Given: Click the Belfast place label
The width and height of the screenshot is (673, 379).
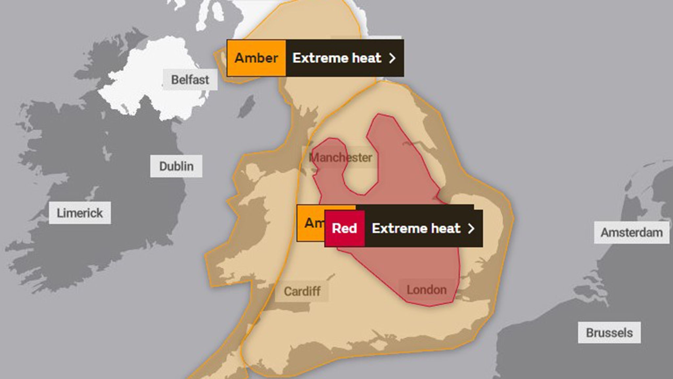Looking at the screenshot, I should pos(190,80).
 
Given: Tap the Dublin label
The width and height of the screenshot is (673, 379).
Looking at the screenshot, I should pos(176,166).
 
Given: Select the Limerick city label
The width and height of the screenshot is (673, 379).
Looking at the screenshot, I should pos(80,213).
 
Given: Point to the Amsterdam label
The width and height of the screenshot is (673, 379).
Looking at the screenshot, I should pos(631,233).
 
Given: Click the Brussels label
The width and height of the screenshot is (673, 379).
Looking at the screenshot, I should pos(609,333).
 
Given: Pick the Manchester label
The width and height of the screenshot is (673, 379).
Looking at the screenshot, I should pos(340,158).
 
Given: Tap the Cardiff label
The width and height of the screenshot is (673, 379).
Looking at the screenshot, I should pos(302,291).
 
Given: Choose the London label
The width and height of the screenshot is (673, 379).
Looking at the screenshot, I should pos(427,290).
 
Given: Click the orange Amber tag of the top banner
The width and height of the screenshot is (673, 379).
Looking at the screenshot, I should pos(256,58).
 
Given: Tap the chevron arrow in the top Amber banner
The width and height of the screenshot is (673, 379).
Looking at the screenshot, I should pos(392,58).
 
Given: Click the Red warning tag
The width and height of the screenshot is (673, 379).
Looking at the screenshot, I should pos(344,228).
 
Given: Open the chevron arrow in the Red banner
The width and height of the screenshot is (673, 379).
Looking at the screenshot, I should pos(471,228).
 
